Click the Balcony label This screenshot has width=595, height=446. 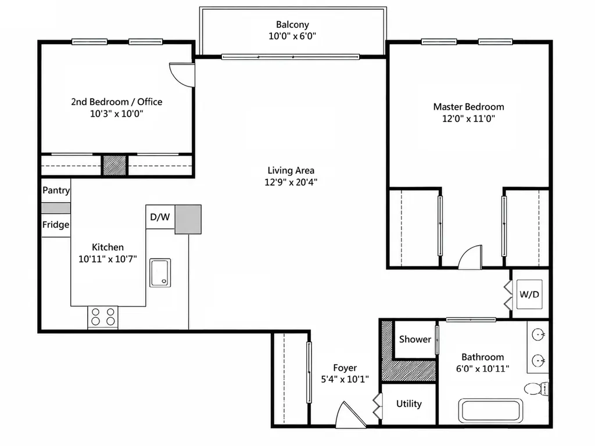click(292, 24)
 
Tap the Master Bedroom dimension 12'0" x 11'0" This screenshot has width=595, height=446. click(469, 118)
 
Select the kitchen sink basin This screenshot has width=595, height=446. click(160, 273)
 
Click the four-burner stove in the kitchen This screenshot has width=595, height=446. click(103, 317)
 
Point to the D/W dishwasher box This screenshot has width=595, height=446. click(160, 217)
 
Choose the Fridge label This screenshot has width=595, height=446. click(56, 225)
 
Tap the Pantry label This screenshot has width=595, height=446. click(56, 190)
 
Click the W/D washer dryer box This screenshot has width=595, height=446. click(529, 294)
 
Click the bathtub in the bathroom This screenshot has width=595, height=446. click(490, 411)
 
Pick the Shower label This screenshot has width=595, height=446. click(415, 339)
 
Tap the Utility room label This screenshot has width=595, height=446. click(408, 404)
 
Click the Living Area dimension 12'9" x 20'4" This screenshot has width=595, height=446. click(291, 182)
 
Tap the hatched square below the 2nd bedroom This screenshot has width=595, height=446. click(114, 166)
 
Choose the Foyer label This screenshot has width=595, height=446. click(345, 368)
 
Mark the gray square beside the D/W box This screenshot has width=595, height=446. click(188, 220)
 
